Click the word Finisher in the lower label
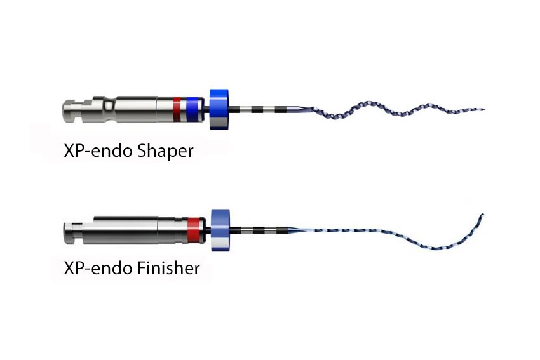[x=168, y=268]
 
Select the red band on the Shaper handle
[x=177, y=109]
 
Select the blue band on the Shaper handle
[x=192, y=109]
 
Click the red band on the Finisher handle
[x=193, y=230]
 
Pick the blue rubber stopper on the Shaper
[x=219, y=109]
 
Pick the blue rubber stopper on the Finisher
[x=220, y=230]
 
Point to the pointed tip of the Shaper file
[x=484, y=110]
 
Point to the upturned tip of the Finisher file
[x=483, y=215]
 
